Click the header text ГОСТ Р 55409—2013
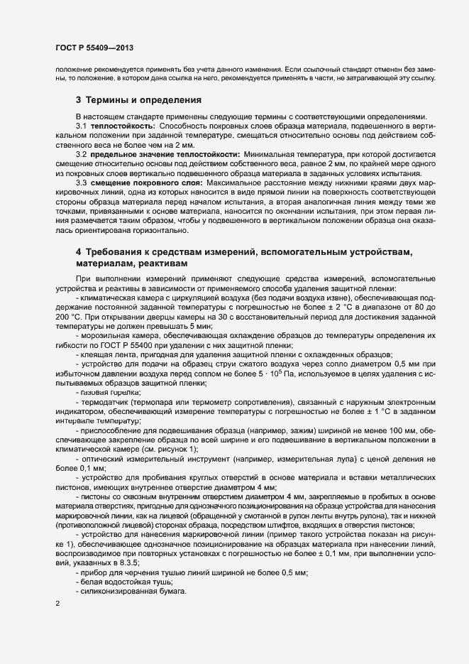94,48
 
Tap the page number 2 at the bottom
57,604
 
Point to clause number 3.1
81,126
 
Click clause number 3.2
81,154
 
